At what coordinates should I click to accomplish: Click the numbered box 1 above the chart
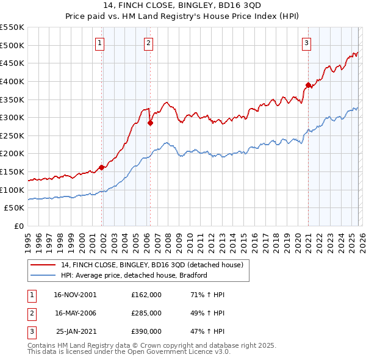click(x=99, y=43)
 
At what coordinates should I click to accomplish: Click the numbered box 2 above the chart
click(x=149, y=43)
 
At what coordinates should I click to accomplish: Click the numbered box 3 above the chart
click(x=306, y=43)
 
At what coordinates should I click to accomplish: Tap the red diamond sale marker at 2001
click(x=101, y=167)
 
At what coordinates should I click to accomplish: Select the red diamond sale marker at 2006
click(x=150, y=123)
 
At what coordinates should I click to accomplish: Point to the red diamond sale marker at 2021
click(x=309, y=85)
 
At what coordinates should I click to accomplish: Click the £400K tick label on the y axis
click(x=12, y=81)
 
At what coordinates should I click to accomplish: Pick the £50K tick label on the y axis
click(x=15, y=208)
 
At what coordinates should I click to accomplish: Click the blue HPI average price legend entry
click(x=134, y=275)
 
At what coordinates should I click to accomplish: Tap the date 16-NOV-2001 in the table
click(x=76, y=295)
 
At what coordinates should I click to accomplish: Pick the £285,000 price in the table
click(x=146, y=313)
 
